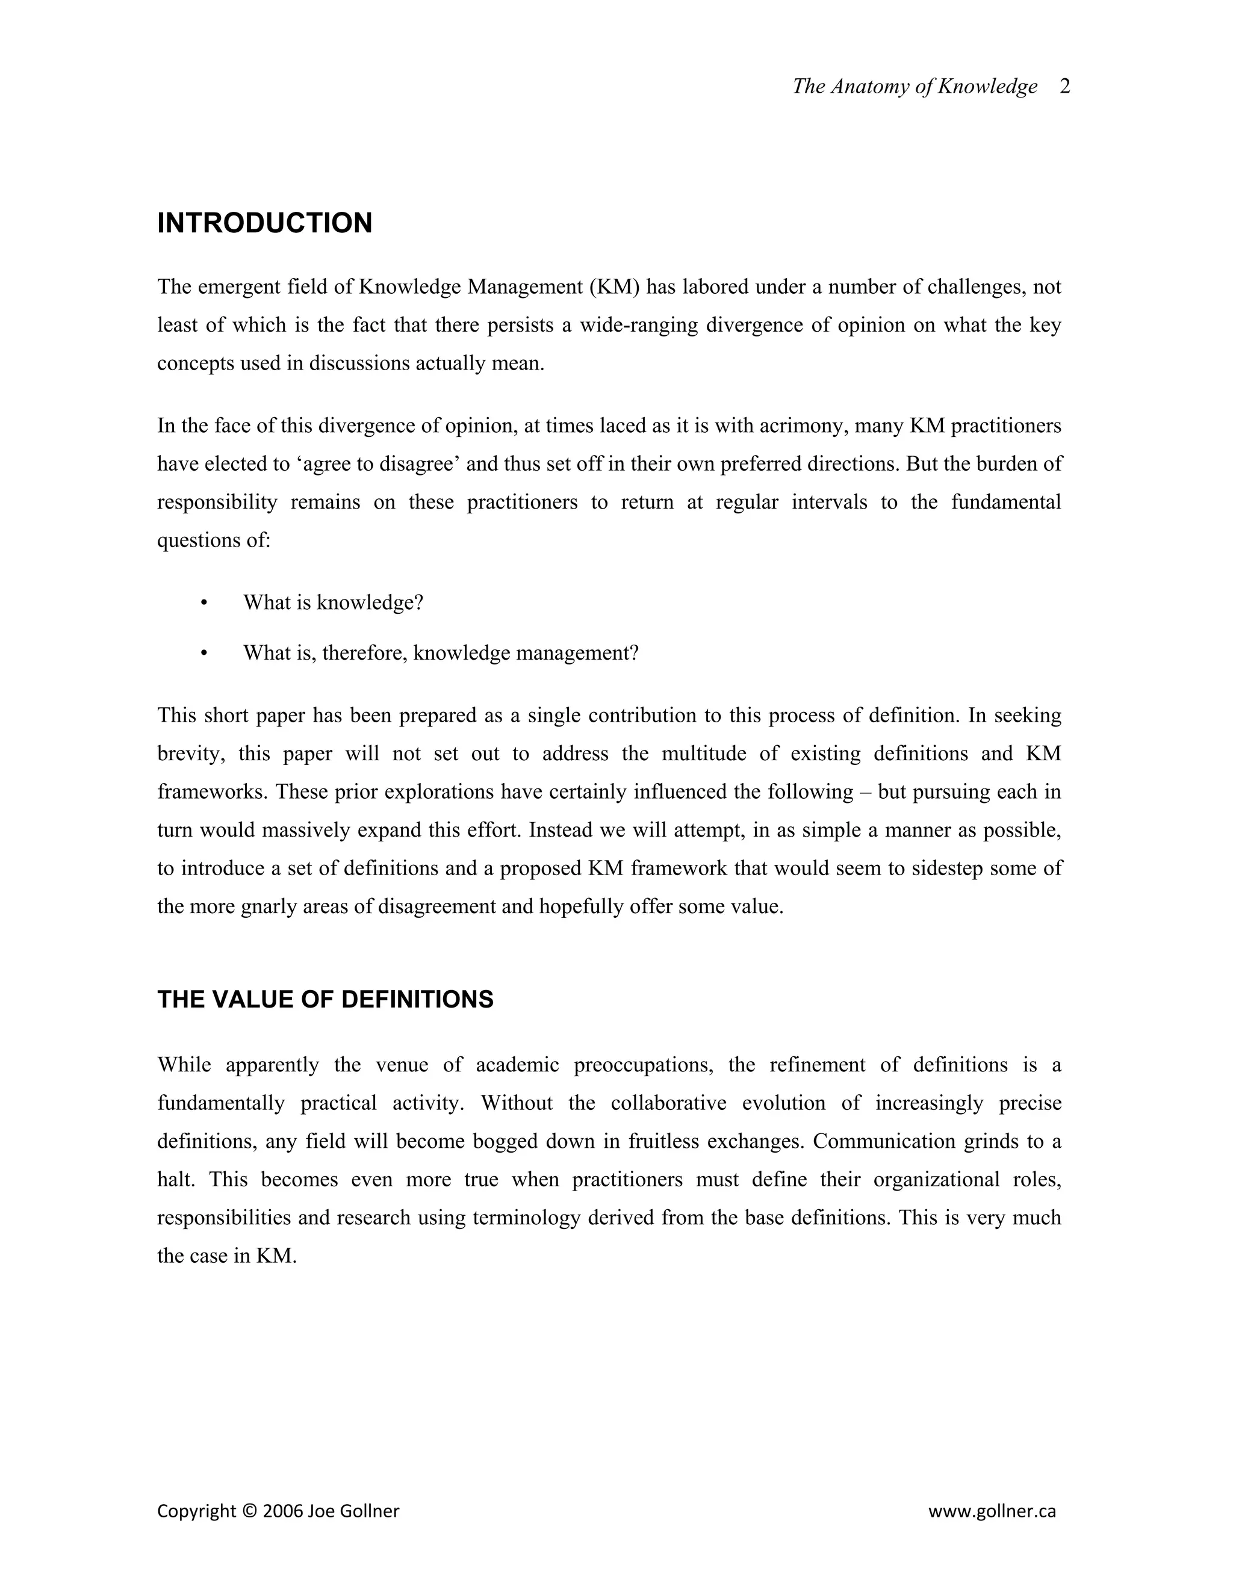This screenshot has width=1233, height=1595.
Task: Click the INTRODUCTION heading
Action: tap(264, 223)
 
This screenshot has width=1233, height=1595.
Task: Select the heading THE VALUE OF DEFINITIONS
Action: tap(325, 999)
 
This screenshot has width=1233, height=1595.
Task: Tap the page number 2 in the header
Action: tap(1064, 87)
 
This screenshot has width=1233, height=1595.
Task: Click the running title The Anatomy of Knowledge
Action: tap(915, 87)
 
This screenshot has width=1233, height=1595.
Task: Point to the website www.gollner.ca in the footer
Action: tap(992, 1511)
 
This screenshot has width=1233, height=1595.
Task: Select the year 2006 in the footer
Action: tap(283, 1511)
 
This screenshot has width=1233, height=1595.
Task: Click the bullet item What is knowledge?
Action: tap(333, 602)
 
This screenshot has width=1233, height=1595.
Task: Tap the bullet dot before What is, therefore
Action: tap(204, 653)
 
